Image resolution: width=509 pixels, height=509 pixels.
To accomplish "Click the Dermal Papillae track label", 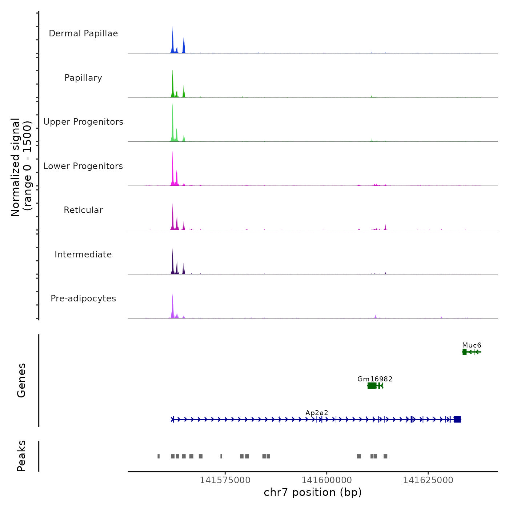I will click(x=83, y=33).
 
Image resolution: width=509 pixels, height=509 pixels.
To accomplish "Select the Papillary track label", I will click(x=83, y=78).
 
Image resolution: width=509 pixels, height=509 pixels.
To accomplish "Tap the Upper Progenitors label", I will click(x=83, y=122).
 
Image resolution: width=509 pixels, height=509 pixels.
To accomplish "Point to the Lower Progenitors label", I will click(x=83, y=166).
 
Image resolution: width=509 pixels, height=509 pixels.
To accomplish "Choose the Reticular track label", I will click(x=83, y=210).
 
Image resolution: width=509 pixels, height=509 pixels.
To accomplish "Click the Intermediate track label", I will click(x=83, y=254).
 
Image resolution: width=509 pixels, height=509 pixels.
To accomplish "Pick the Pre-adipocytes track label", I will click(x=83, y=298).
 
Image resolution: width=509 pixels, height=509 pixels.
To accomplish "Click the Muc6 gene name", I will click(x=472, y=345).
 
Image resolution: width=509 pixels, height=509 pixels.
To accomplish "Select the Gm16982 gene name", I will click(x=375, y=379).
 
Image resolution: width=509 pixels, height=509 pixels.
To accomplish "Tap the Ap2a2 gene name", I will click(x=317, y=413).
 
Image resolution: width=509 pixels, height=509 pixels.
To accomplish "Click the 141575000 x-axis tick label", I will click(x=225, y=480).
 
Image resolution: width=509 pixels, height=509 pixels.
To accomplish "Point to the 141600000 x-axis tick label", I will click(x=327, y=480).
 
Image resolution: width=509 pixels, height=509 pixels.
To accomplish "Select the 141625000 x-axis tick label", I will click(x=428, y=480).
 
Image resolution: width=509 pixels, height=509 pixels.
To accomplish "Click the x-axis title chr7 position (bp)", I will click(x=313, y=492).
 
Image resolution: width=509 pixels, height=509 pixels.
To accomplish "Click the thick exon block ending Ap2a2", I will click(x=457, y=419).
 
